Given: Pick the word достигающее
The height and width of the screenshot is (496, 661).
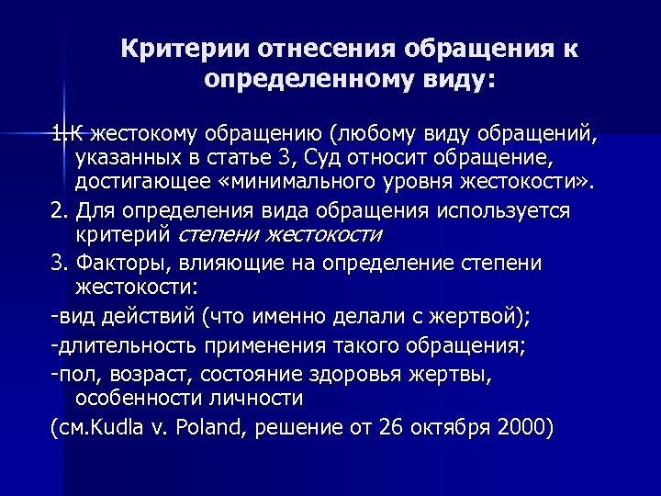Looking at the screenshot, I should pos(139,178).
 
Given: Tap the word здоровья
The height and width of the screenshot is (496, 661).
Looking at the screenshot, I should pos(375,375).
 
